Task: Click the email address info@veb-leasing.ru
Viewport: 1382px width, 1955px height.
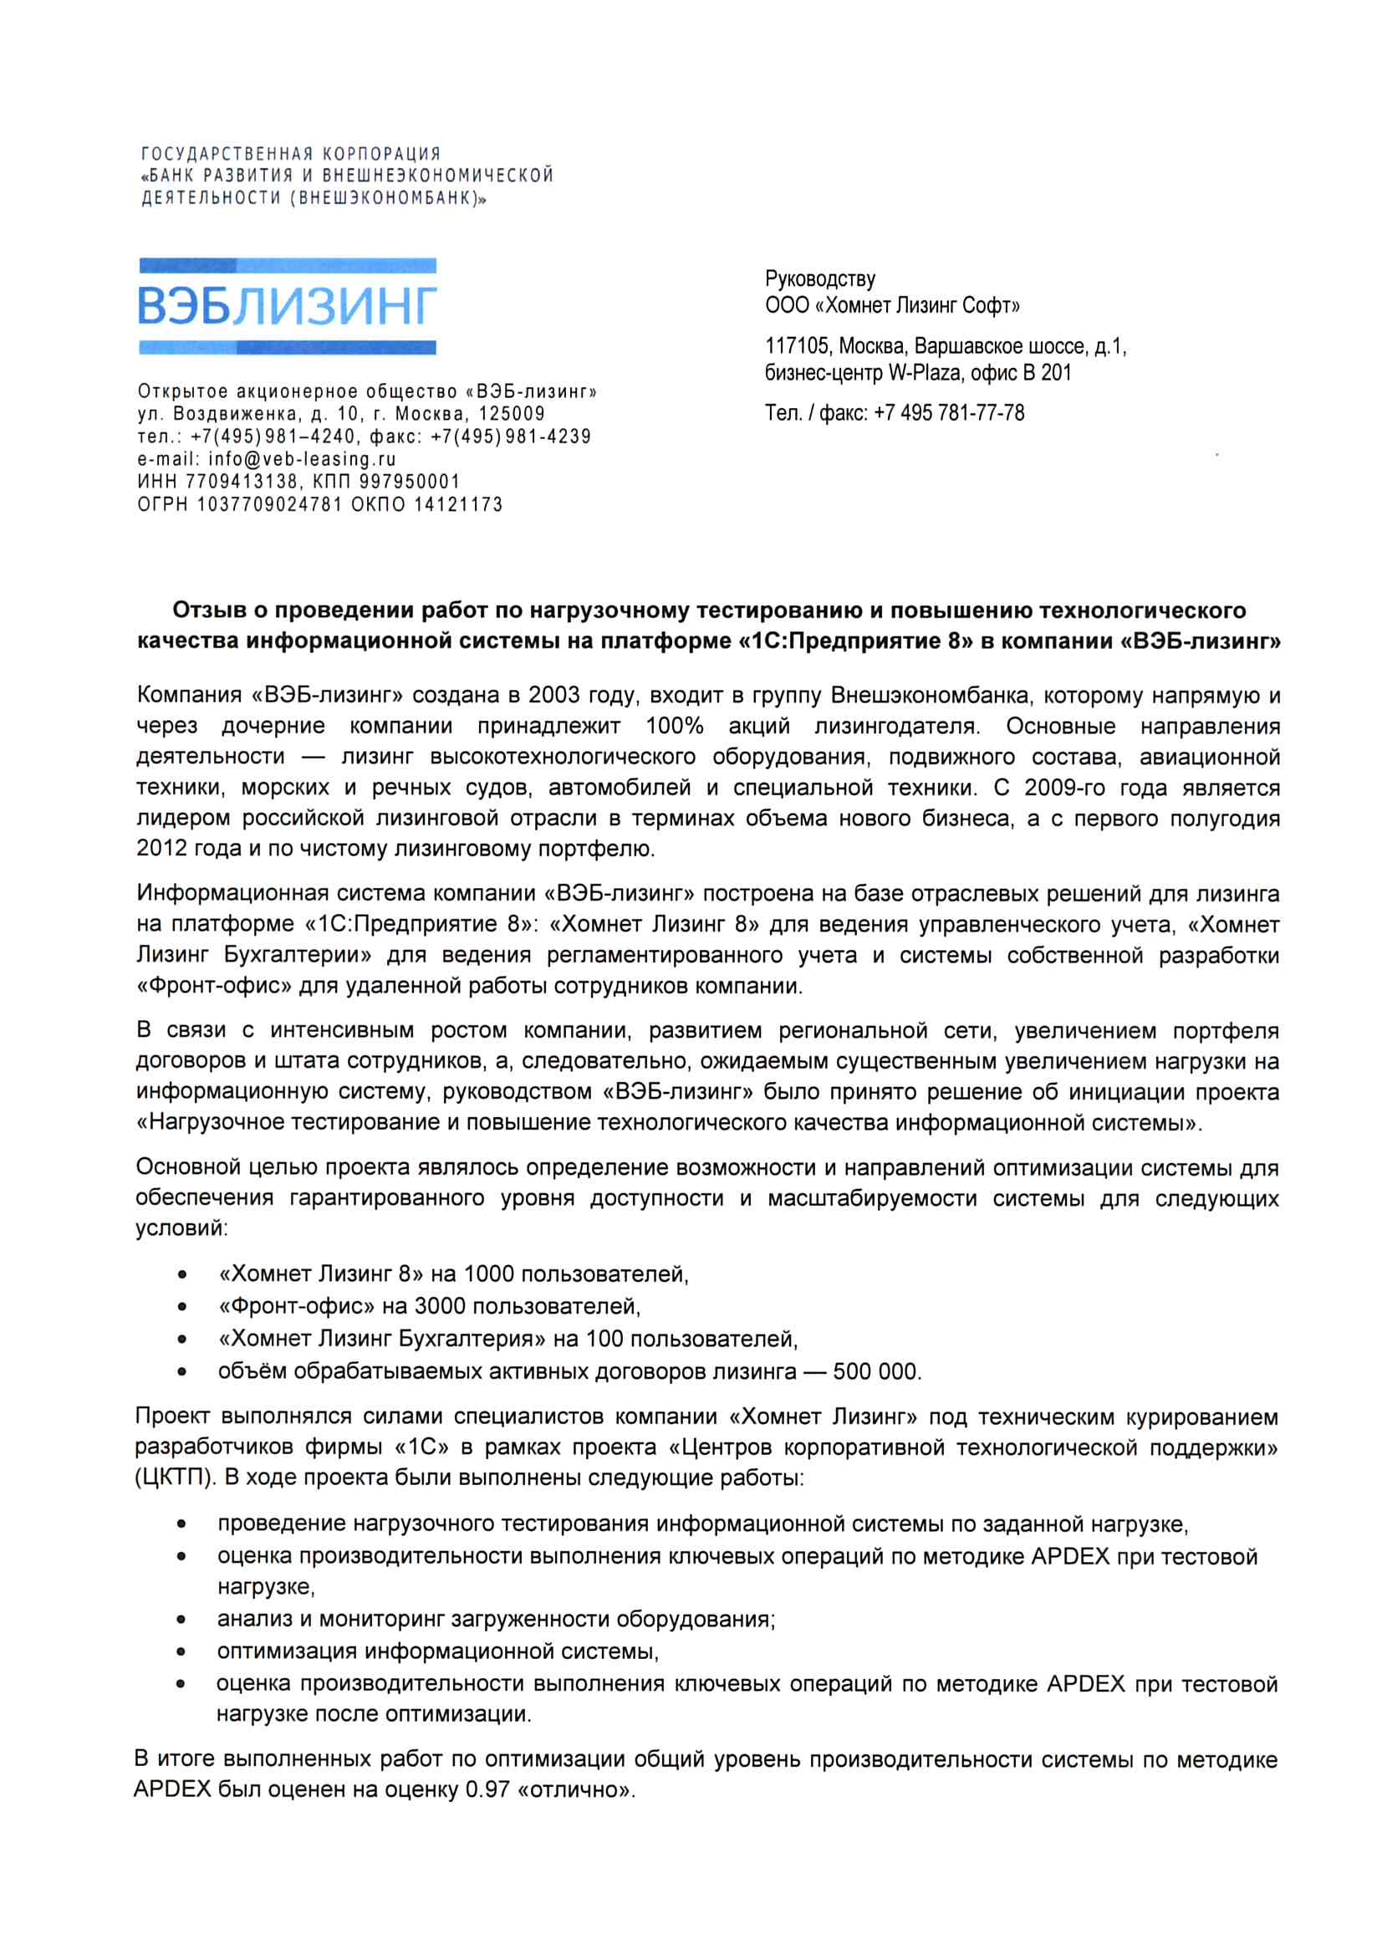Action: click(303, 459)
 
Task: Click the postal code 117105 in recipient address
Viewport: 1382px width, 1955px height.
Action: click(798, 346)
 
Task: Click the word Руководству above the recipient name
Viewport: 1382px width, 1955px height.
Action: click(820, 278)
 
